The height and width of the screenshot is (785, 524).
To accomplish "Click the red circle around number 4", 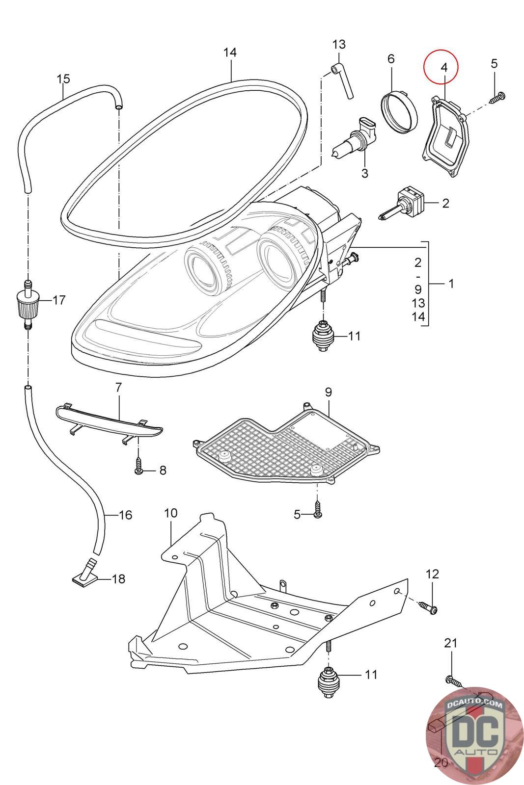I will (x=441, y=67).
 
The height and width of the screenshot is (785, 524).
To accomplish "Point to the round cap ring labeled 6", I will (x=398, y=111).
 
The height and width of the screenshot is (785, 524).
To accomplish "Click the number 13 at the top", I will (x=339, y=44).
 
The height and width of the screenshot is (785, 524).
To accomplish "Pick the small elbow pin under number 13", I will (x=343, y=81).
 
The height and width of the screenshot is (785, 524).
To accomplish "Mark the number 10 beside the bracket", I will (x=170, y=514).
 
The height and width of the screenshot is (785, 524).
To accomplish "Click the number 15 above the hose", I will (x=63, y=79).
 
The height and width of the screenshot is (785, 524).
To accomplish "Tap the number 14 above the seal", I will (x=230, y=52).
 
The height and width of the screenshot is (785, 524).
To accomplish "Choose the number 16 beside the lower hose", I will (x=126, y=515).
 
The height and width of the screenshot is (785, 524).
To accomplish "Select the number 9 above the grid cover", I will (x=329, y=392).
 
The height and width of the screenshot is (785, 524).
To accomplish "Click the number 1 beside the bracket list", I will (x=451, y=284).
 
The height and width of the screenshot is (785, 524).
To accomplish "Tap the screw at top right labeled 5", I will (x=497, y=97).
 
